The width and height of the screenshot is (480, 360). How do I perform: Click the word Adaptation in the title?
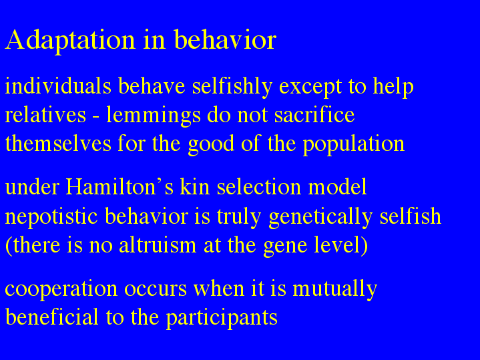pyautogui.click(x=70, y=40)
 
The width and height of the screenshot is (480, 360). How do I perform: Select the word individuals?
pyautogui.click(x=58, y=86)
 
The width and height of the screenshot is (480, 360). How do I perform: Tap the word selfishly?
pyautogui.click(x=232, y=87)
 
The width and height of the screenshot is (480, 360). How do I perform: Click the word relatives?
pyautogui.click(x=45, y=115)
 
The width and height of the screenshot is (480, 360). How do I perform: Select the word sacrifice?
pyautogui.click(x=314, y=115)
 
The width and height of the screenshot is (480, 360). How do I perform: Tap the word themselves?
pyautogui.click(x=58, y=144)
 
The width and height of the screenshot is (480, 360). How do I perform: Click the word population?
pyautogui.click(x=354, y=144)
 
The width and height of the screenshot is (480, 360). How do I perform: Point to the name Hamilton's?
pyautogui.click(x=119, y=186)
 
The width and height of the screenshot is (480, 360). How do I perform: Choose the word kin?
pyautogui.click(x=195, y=186)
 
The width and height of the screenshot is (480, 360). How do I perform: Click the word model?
pyautogui.click(x=337, y=186)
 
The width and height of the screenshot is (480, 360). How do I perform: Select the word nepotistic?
pyautogui.click(x=51, y=216)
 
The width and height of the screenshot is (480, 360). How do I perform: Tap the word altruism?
pyautogui.click(x=158, y=245)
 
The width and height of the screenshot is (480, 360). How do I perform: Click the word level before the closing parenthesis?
pyautogui.click(x=337, y=245)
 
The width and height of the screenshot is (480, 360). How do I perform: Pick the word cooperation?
pyautogui.click(x=61, y=289)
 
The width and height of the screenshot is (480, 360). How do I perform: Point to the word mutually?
pyautogui.click(x=335, y=289)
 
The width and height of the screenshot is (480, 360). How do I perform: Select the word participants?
pyautogui.click(x=222, y=317)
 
